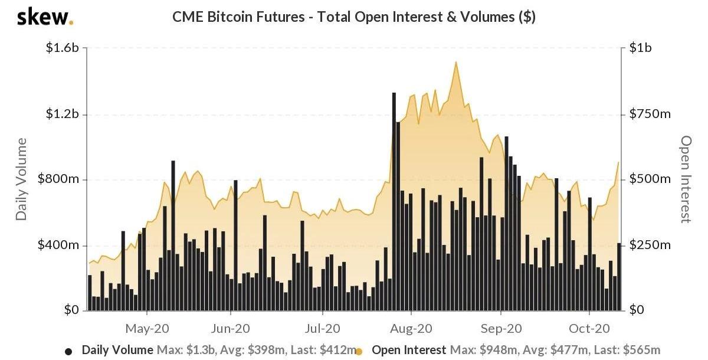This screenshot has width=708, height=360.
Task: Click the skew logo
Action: point(45,18)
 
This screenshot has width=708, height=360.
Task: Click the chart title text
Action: point(353,17)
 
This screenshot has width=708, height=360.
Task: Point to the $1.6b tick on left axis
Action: point(62,48)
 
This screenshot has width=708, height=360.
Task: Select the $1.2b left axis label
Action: point(62,114)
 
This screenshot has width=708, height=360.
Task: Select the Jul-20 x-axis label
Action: point(322,328)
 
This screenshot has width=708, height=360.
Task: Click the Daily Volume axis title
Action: point(22,179)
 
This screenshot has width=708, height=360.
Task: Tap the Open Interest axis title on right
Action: point(686,179)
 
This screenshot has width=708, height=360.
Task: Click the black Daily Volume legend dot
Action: point(68,351)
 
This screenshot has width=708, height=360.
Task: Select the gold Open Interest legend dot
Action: point(359,351)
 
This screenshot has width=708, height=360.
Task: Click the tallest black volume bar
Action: point(394,201)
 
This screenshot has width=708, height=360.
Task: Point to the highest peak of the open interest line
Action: point(455,62)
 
